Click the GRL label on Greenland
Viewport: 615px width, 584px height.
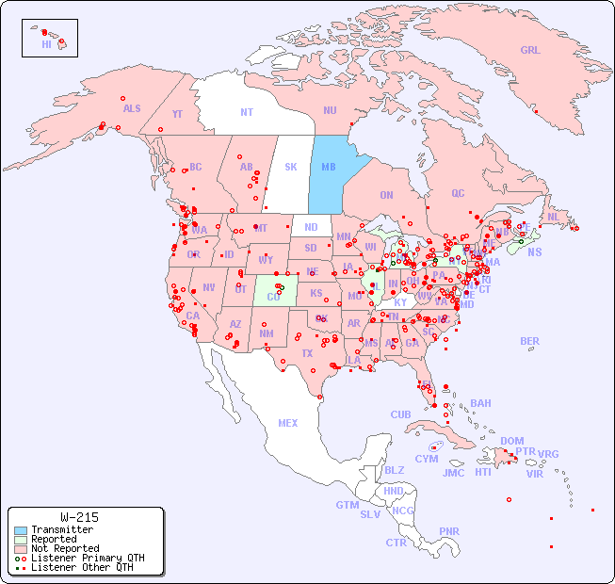(x=530, y=51)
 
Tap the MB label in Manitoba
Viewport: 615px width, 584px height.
(x=329, y=168)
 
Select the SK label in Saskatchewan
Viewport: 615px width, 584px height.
(x=291, y=168)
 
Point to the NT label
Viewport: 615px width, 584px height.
(x=247, y=112)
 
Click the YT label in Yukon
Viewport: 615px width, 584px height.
(x=177, y=114)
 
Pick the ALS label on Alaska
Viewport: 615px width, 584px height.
(x=132, y=109)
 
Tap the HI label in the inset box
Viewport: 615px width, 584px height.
(x=46, y=44)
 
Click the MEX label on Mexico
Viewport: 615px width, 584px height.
(x=288, y=424)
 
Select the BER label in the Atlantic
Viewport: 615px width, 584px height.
(x=530, y=342)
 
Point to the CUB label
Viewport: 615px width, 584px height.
(x=401, y=415)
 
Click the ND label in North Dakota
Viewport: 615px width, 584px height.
(x=311, y=228)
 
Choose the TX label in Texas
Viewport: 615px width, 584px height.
(x=307, y=354)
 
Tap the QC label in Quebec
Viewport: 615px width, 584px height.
(x=458, y=194)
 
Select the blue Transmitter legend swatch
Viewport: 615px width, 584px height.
(x=21, y=530)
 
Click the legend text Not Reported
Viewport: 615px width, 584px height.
(x=64, y=548)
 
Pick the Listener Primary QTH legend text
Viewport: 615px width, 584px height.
(x=88, y=558)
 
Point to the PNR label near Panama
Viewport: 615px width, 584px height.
(x=449, y=532)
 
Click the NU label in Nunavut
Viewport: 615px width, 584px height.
(x=330, y=111)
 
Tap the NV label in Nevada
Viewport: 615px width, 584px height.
(x=209, y=288)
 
